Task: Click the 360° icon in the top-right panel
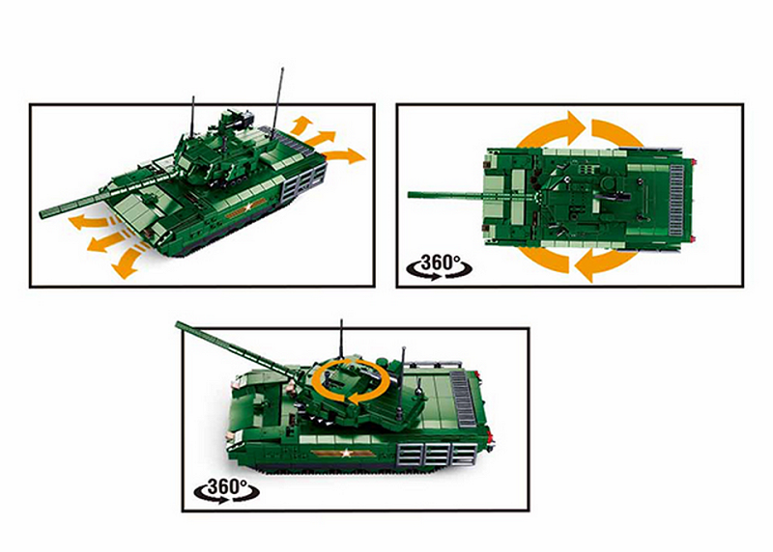[x=439, y=267]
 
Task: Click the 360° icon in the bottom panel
[x=226, y=490]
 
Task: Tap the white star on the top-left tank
[x=248, y=207]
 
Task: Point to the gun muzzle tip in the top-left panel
[x=43, y=214]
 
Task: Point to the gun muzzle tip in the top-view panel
[x=410, y=195]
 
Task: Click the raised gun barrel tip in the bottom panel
[x=178, y=324]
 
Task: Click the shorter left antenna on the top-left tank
[x=192, y=115]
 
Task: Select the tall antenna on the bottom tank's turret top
[x=341, y=339]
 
